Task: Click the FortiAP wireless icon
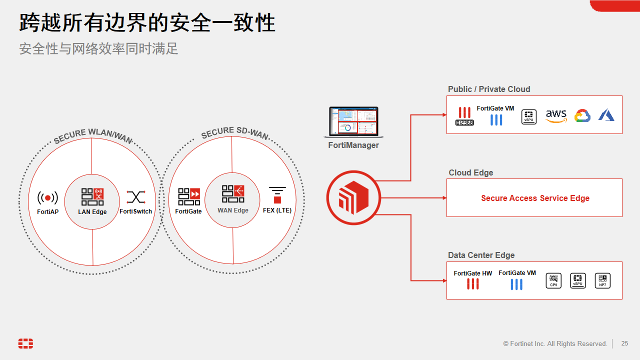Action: click(47, 198)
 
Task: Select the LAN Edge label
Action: click(92, 212)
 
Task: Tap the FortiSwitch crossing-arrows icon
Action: click(135, 197)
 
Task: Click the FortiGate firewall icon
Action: click(189, 196)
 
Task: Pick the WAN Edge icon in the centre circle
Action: click(233, 194)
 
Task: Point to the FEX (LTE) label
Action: click(277, 210)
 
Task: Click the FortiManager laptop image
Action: click(353, 122)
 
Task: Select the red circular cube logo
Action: click(353, 198)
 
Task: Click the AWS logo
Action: click(556, 116)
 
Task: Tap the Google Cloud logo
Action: click(582, 116)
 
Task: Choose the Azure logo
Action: click(606, 116)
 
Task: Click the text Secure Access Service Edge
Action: click(535, 198)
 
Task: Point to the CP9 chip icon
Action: click(553, 280)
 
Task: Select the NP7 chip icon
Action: click(602, 280)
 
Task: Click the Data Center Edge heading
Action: click(481, 255)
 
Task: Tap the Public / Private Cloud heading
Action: click(489, 89)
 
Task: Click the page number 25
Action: click(624, 343)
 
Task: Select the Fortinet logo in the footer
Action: click(25, 343)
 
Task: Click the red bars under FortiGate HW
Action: click(472, 284)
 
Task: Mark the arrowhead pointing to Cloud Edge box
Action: click(444, 198)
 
